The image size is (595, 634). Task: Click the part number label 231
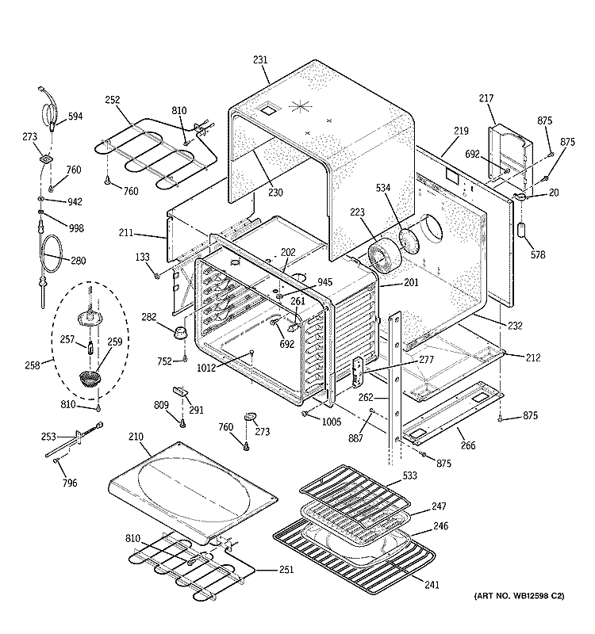(x=261, y=59)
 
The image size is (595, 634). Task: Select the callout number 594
(x=75, y=116)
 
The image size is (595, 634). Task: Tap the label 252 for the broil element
(x=113, y=100)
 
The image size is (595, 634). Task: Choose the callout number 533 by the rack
(x=410, y=476)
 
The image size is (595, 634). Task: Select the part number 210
(x=136, y=436)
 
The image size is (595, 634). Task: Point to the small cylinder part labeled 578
(x=522, y=231)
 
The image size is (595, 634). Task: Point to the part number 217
(x=486, y=98)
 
